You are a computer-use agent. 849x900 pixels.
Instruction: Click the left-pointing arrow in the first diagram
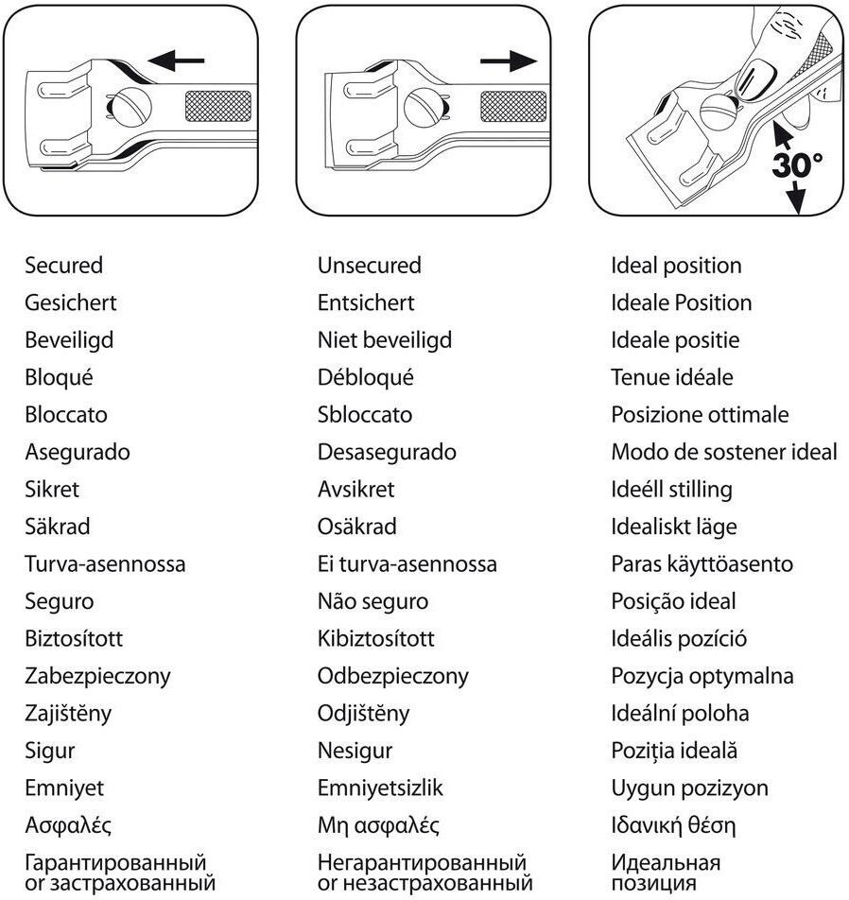(177, 61)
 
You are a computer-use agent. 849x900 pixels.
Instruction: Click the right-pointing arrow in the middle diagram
(508, 61)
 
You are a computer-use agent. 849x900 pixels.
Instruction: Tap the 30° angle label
(797, 164)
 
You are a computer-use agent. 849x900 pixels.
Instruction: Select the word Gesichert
(71, 303)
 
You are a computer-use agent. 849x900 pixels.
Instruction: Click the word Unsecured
(370, 266)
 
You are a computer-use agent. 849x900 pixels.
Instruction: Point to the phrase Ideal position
(676, 266)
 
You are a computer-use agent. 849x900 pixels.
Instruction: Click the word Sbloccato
(365, 414)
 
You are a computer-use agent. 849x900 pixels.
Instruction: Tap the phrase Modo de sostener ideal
(724, 452)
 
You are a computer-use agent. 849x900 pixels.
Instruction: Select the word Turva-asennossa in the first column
(105, 563)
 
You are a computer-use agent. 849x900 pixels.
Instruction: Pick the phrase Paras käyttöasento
(702, 563)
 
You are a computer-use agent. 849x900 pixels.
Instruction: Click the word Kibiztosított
(376, 638)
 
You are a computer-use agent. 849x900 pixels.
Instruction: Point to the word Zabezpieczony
(97, 676)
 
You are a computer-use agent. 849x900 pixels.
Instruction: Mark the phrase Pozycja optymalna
(702, 676)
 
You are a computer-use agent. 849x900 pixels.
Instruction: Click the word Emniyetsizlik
(380, 787)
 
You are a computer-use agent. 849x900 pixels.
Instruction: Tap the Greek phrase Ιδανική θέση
(672, 824)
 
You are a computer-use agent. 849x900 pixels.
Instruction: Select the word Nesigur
(355, 751)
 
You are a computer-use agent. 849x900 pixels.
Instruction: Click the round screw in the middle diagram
(422, 105)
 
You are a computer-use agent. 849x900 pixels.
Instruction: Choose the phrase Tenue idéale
(672, 377)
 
